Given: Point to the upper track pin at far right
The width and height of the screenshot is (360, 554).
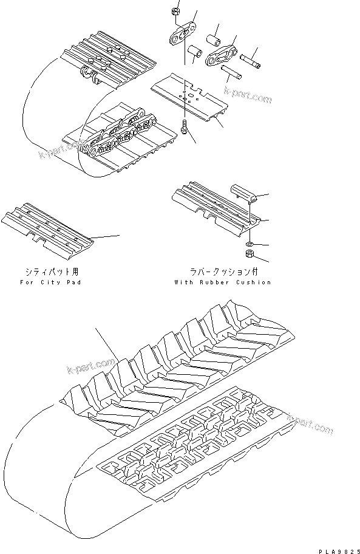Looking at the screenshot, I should [250, 60].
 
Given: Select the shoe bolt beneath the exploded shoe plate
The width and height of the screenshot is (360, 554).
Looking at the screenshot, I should [183, 128].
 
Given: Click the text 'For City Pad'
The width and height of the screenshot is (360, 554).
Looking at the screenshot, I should [50, 282].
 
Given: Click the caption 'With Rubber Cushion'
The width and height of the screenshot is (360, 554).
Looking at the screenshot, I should [222, 282].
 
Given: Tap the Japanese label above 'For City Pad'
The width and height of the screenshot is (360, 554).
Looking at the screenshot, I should [51, 272].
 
